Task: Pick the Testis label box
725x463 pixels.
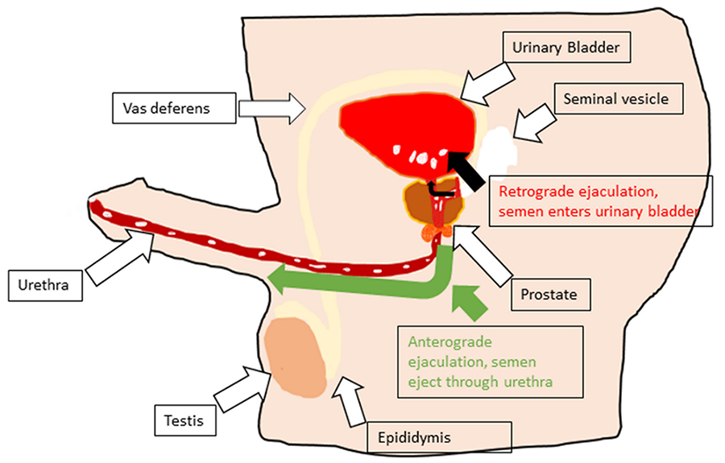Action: pyautogui.click(x=184, y=420)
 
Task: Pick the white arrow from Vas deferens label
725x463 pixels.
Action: pyautogui.click(x=275, y=105)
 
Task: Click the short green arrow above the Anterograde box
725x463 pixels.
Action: pyautogui.click(x=471, y=303)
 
